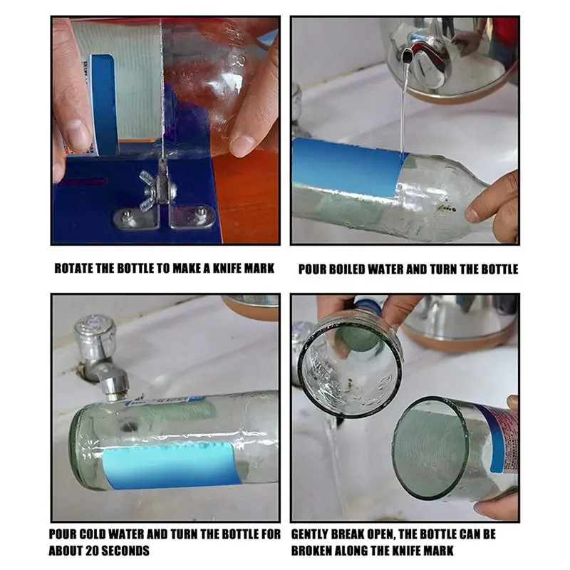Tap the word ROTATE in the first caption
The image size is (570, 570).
pos(73,269)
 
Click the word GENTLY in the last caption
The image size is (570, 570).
pos(312,534)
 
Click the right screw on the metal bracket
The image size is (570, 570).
pos(199,212)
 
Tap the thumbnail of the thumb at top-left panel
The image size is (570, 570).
pos(77,135)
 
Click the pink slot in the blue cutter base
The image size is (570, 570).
pos(84,182)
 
